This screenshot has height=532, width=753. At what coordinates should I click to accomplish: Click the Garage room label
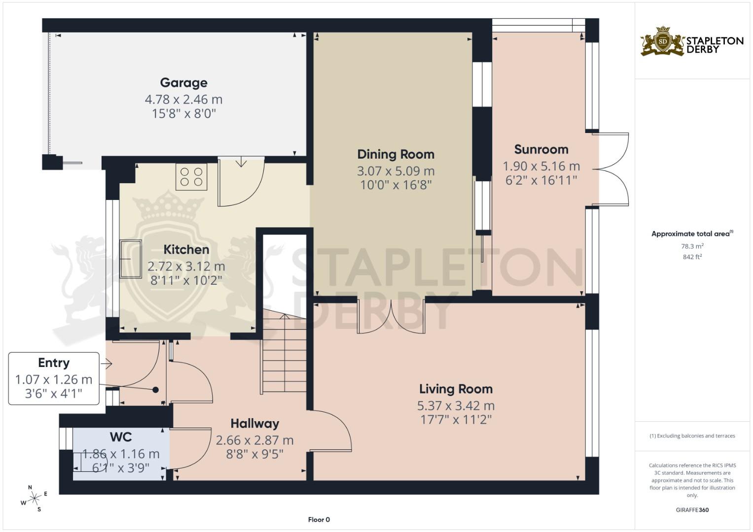183,83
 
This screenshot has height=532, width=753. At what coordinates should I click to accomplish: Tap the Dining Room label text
395,154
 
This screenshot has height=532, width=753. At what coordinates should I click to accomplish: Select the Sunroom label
541,149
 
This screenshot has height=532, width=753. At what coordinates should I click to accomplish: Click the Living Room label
456,389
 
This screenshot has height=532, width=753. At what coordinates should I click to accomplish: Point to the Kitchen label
186,250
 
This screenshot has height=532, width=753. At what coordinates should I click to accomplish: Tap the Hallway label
254,424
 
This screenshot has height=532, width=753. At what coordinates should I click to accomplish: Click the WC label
121,437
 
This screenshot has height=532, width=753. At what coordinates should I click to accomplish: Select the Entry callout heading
54,363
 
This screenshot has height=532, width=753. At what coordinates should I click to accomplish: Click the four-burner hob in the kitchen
191,177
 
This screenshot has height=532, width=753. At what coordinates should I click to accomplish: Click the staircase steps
284,355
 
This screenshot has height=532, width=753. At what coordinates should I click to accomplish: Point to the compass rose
34,499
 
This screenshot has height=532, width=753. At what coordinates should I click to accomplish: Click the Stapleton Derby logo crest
663,42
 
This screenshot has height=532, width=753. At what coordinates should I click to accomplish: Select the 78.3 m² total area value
692,246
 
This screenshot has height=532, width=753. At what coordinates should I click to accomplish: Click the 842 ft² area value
692,257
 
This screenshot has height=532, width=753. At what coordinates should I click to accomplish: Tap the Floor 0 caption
319,520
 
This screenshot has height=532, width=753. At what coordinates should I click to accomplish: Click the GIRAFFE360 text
692,510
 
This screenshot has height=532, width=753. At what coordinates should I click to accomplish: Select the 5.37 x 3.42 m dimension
456,406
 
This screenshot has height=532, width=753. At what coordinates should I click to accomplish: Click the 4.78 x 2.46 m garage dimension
183,100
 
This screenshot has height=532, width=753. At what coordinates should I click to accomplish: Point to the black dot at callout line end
155,390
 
